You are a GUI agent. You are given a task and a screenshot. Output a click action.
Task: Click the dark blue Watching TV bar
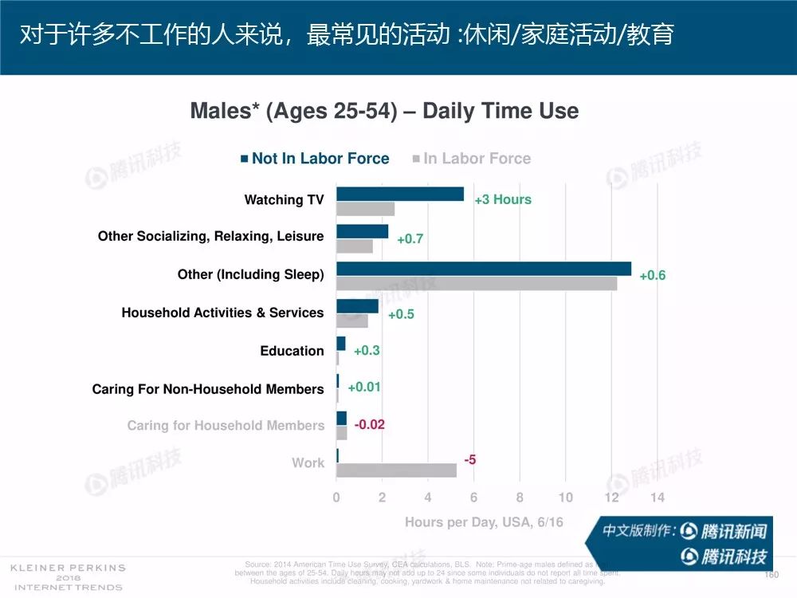(399, 194)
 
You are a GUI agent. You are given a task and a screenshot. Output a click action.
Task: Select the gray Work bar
(396, 470)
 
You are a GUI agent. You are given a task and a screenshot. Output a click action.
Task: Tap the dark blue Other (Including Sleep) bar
(483, 269)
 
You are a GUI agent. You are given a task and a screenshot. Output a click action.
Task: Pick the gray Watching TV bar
(365, 209)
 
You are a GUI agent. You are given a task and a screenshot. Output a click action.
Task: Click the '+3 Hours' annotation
(503, 199)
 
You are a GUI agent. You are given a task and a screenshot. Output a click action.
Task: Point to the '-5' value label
(470, 459)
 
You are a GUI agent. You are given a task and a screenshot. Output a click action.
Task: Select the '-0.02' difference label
(369, 424)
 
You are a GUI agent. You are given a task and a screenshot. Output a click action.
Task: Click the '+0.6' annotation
(653, 275)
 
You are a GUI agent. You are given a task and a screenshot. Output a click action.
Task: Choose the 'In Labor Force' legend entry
(471, 159)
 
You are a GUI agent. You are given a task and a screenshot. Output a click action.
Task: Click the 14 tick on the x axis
(657, 498)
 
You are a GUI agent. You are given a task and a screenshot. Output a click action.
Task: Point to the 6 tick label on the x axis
(473, 498)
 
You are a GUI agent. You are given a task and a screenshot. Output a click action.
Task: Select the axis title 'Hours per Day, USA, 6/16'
(484, 522)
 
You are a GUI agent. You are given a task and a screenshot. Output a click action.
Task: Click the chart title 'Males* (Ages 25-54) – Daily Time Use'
(384, 111)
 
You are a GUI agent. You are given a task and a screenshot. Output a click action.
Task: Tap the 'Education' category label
(292, 351)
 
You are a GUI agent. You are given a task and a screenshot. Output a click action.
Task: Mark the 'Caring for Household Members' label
(226, 426)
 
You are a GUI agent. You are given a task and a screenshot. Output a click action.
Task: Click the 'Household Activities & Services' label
(222, 313)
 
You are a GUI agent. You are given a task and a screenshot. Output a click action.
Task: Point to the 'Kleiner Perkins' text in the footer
(68, 568)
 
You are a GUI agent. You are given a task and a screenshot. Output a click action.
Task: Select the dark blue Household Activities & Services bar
(357, 306)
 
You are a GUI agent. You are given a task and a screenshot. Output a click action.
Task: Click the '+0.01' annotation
(364, 387)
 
